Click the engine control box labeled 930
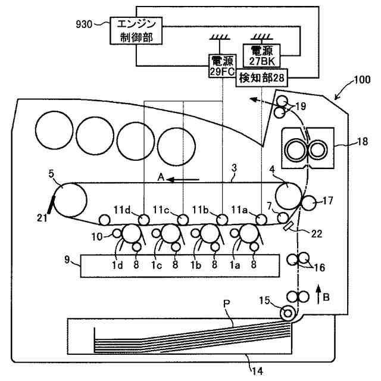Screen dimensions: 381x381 136,30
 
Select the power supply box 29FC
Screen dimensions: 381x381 222,66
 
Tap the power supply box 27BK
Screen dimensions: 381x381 262,55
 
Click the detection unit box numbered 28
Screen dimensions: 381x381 262,78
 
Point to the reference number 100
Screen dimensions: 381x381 362,79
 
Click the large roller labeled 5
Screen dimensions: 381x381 70,200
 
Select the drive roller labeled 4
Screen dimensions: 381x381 289,196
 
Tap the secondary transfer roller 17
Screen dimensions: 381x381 308,203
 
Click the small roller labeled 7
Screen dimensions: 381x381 283,217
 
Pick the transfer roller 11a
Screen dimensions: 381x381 261,220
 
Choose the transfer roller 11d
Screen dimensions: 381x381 144,220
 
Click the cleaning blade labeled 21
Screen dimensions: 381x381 51,205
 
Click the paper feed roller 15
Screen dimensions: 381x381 288,313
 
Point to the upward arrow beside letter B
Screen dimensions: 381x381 319,295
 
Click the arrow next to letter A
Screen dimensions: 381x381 183,180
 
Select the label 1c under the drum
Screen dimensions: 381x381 157,265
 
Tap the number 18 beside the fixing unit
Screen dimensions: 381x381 363,141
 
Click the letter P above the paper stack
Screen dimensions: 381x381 226,303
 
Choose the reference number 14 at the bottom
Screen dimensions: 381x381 257,371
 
